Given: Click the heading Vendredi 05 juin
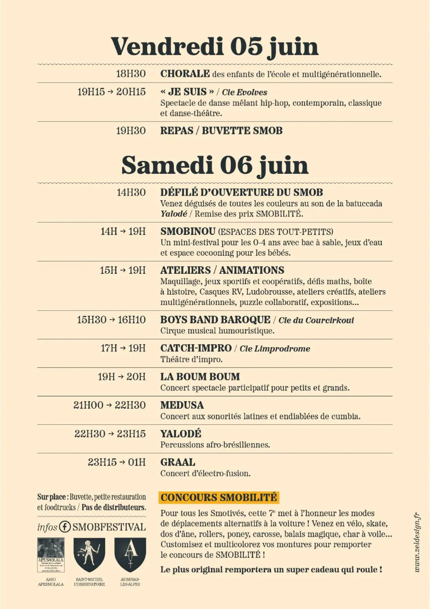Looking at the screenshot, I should (214, 46).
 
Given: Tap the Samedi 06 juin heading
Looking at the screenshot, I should (215, 165).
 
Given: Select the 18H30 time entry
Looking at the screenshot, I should (131, 74).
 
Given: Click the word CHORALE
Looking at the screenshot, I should (185, 74).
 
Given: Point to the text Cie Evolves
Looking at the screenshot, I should (244, 92).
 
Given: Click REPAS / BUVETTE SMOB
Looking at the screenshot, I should (221, 131).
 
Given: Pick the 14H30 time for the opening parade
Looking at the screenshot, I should (131, 192).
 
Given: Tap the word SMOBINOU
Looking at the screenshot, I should (188, 231).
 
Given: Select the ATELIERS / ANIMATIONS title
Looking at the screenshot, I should (222, 270).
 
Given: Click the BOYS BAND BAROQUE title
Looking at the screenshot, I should (215, 320).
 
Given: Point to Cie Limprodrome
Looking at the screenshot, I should (275, 349).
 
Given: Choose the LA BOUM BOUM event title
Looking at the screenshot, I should (200, 377).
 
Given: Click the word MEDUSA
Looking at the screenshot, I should (182, 405).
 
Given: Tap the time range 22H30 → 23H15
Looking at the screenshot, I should (110, 434).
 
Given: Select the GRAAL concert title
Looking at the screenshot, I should (178, 462).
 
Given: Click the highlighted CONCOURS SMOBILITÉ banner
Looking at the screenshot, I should (219, 498).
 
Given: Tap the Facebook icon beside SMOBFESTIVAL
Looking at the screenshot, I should (65, 527).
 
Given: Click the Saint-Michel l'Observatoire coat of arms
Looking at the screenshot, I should (89, 554).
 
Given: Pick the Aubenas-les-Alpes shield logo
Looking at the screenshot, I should (130, 554).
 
